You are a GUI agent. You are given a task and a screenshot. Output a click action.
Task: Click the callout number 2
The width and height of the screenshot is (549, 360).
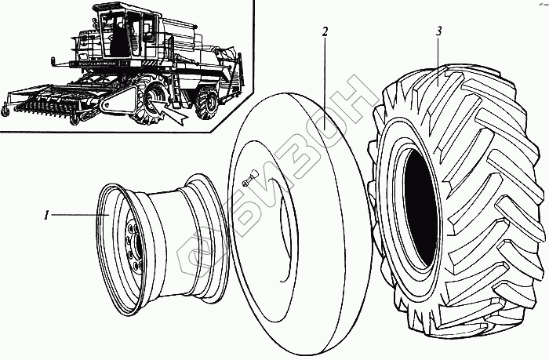coord(324,32)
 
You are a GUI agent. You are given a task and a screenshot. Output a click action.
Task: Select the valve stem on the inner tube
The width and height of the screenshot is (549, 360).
coord(245,182)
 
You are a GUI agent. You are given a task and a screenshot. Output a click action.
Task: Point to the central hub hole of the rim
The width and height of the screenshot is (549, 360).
coord(135,249)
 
